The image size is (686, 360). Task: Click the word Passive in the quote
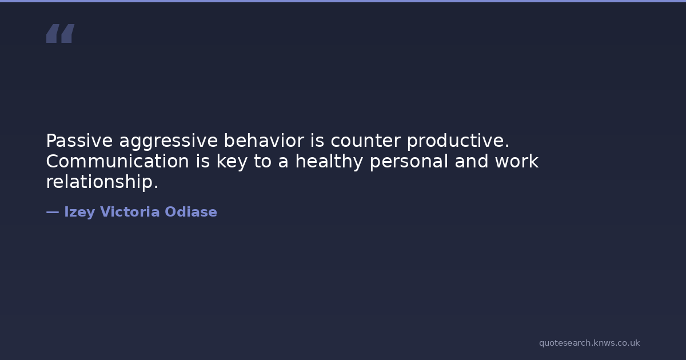tap(79, 141)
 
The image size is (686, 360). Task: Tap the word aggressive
tap(169, 142)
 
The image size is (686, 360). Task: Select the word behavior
tap(264, 141)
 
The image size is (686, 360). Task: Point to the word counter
tap(366, 141)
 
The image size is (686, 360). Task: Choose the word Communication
tap(118, 161)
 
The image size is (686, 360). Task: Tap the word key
tap(232, 162)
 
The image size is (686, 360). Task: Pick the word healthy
tap(329, 162)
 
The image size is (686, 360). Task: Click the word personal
tap(409, 162)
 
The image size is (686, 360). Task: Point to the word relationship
tap(102, 182)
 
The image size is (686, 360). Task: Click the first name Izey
tap(79, 213)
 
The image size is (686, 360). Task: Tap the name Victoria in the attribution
tap(130, 212)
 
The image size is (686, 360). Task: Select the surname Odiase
tap(191, 212)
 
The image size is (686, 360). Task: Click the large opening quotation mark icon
tap(61, 33)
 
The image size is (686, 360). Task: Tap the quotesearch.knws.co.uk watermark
tap(589, 343)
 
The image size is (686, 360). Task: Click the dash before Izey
tap(53, 212)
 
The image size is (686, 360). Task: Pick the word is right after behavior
tap(317, 141)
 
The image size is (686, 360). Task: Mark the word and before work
tap(472, 161)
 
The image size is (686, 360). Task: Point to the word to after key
tap(263, 161)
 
